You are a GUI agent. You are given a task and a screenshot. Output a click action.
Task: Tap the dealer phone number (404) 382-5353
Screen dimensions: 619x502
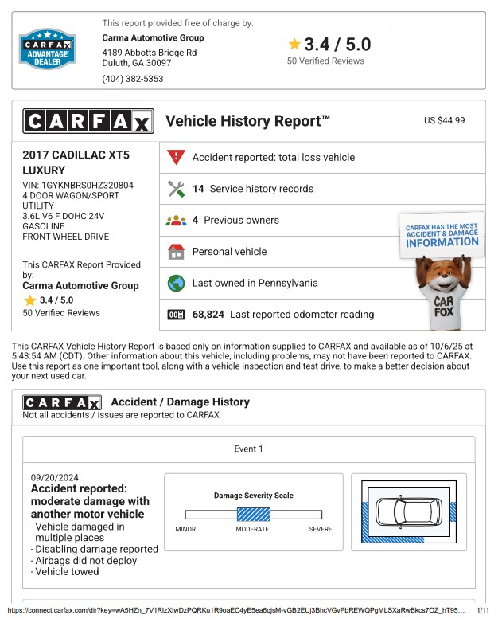point(133,79)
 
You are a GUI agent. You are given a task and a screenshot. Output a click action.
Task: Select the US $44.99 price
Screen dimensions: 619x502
point(444,120)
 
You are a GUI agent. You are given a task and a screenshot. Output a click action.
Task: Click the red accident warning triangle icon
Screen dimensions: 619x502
point(177,157)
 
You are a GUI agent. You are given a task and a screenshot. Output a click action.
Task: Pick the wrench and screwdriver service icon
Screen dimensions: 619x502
point(177,189)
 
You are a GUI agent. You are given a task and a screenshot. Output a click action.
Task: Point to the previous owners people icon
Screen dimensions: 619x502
point(177,221)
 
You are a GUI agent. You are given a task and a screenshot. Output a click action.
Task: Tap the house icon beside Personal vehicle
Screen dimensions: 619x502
point(177,252)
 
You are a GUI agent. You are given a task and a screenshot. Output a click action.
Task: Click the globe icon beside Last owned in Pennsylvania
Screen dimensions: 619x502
point(177,283)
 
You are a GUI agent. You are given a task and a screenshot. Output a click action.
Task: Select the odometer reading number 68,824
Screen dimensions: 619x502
point(208,315)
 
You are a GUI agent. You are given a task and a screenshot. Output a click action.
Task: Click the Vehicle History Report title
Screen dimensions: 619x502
point(247,121)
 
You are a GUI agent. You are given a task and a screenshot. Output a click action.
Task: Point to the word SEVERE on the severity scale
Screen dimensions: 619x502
point(321,529)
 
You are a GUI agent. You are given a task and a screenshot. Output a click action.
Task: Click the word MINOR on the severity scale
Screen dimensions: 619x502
point(185,529)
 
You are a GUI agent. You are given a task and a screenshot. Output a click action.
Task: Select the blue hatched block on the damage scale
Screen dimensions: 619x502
point(254,515)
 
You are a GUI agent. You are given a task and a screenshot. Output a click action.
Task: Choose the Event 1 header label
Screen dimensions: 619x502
point(248,449)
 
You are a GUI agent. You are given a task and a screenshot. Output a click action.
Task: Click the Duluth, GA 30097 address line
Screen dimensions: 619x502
point(136,63)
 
